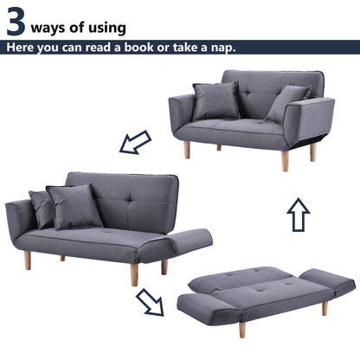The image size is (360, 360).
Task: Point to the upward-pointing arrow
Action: pos(299,214)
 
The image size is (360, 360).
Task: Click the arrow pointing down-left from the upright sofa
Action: pos(135,142)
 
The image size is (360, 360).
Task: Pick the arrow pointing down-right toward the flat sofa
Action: pos(150,302)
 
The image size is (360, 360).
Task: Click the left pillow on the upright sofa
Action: pos(215,101)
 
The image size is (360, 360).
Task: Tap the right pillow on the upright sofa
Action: pos(286,103)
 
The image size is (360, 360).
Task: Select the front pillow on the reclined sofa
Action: pos(75,207)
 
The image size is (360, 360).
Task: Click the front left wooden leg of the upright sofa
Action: pos(186,150)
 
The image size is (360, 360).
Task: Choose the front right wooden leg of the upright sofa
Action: pos(285,160)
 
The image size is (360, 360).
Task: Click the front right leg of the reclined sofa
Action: pos(135,274)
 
